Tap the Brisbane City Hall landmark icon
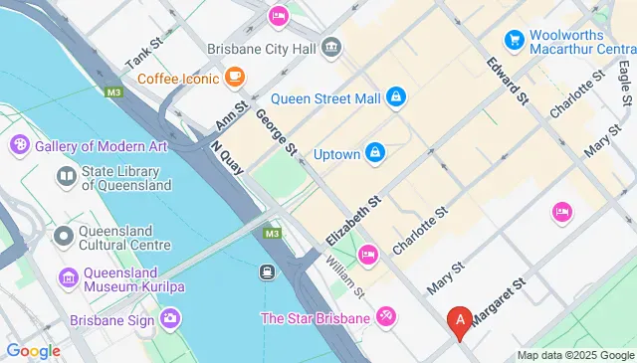pyautogui.click(x=331, y=47)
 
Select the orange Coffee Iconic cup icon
pyautogui.click(x=235, y=76)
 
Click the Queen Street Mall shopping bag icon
pyautogui.click(x=396, y=96)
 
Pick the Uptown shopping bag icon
pyautogui.click(x=375, y=152)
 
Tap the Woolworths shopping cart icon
pyautogui.click(x=515, y=40)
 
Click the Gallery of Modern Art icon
pyautogui.click(x=18, y=146)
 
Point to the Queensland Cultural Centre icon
pyautogui.click(x=63, y=236)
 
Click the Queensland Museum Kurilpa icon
pyautogui.click(x=68, y=275)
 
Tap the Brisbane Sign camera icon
pyautogui.click(x=171, y=318)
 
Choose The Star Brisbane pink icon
pyautogui.click(x=386, y=317)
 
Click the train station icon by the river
pyautogui.click(x=268, y=272)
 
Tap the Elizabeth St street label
pyautogui.click(x=354, y=221)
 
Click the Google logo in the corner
pyautogui.click(x=33, y=350)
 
